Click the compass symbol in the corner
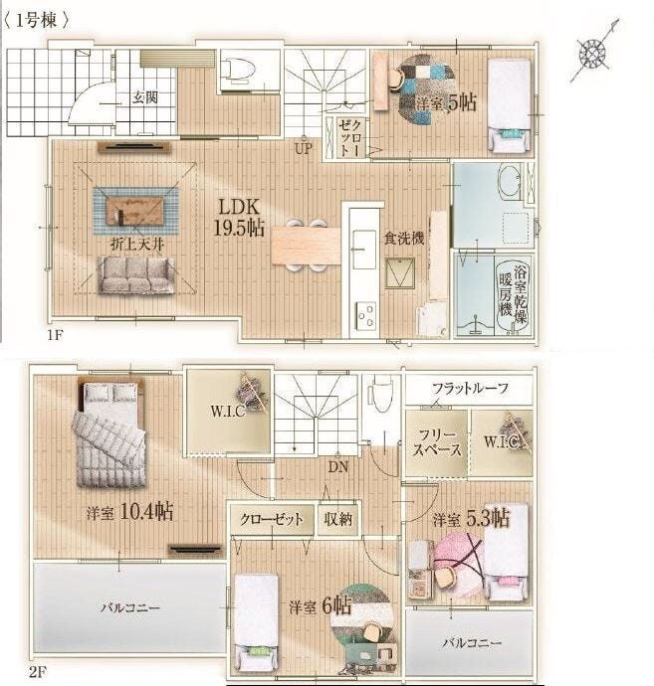pos(594,53)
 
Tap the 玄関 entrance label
pos(145,97)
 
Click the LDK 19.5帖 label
pos(239,218)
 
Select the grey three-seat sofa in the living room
pos(135,274)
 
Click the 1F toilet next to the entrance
pos(238,70)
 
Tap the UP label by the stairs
pos(304,149)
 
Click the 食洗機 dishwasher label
pos(404,239)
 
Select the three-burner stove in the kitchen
pos(366,316)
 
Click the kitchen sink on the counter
pos(364,250)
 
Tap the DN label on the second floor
pos(338,467)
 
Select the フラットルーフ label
pos(470,388)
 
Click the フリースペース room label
pos(437,442)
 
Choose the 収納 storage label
pos(338,519)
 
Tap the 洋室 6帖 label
pos(320,606)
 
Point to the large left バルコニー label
pos(130,607)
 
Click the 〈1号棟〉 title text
pos(37,21)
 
